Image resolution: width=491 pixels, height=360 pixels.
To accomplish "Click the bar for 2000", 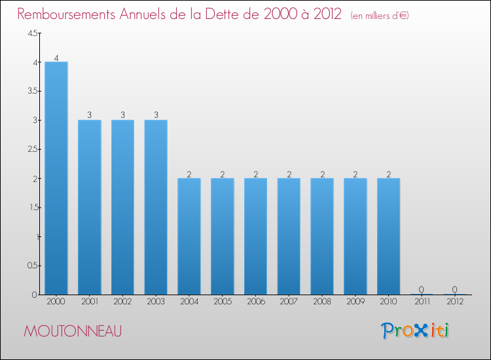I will pos(56,178).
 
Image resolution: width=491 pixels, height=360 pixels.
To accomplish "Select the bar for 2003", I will pos(156,207).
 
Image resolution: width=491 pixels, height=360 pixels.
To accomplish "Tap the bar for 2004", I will pos(189,236).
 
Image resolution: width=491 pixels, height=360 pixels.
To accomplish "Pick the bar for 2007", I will pos(289,236).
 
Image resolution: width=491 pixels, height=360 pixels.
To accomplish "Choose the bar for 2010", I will pos(388,236).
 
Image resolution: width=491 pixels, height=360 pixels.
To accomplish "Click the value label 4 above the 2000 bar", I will pos(56,58).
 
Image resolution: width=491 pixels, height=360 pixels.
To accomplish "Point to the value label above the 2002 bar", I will pos(122,115).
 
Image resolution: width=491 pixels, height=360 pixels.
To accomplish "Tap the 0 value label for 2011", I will pos(422,289).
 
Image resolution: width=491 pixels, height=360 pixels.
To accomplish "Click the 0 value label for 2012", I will pos(454,289).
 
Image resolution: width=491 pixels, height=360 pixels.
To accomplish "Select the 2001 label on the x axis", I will pos(90,302).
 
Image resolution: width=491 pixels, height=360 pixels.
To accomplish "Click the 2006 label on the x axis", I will pos(255,302).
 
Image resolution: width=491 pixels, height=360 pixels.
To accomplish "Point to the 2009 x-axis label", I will pos(355,302).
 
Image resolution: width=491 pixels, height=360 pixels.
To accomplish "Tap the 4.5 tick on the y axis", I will pos(33,34).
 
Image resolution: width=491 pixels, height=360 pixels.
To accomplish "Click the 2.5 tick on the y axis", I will pos(33,149).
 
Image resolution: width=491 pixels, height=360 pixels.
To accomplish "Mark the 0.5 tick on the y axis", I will pos(33,266).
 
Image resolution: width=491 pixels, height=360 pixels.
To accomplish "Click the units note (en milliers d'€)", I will pos(380,16).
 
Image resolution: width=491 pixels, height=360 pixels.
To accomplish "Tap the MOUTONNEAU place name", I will pos(72,331).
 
